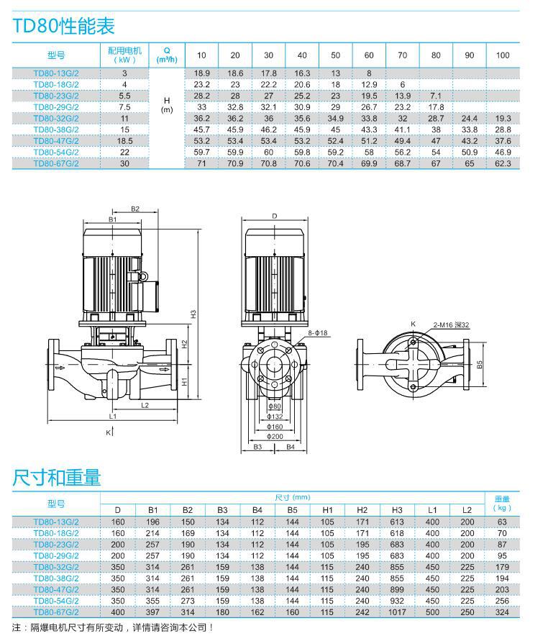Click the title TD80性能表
pos(63,26)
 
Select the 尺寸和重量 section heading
pos(56,477)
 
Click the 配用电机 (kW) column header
pos(124,55)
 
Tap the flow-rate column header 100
pos(503,55)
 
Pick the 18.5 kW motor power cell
pos(124,141)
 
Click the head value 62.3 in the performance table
pos(503,163)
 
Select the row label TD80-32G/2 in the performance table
pos(56,119)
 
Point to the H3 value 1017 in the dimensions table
pos(397,612)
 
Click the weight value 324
pos(502,612)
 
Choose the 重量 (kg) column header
pos(502,503)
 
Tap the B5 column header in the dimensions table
pos(292,510)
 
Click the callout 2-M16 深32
pos(451,325)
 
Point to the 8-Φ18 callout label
pos(317,333)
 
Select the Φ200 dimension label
pos(275,437)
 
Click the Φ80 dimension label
pos(275,406)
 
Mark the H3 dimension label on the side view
pos(193,314)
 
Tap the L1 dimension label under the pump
pos(113,416)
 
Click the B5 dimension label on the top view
pos(480,365)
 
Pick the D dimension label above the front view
pos(275,216)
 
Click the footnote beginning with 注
pos(113,627)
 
